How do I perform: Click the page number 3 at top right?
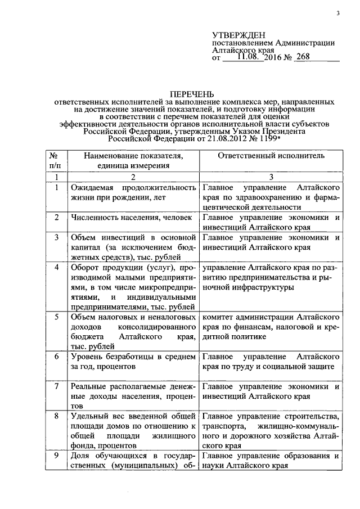(338, 13)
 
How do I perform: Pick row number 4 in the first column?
(56, 267)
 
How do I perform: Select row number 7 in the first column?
(56, 387)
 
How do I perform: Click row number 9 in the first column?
(56, 456)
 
